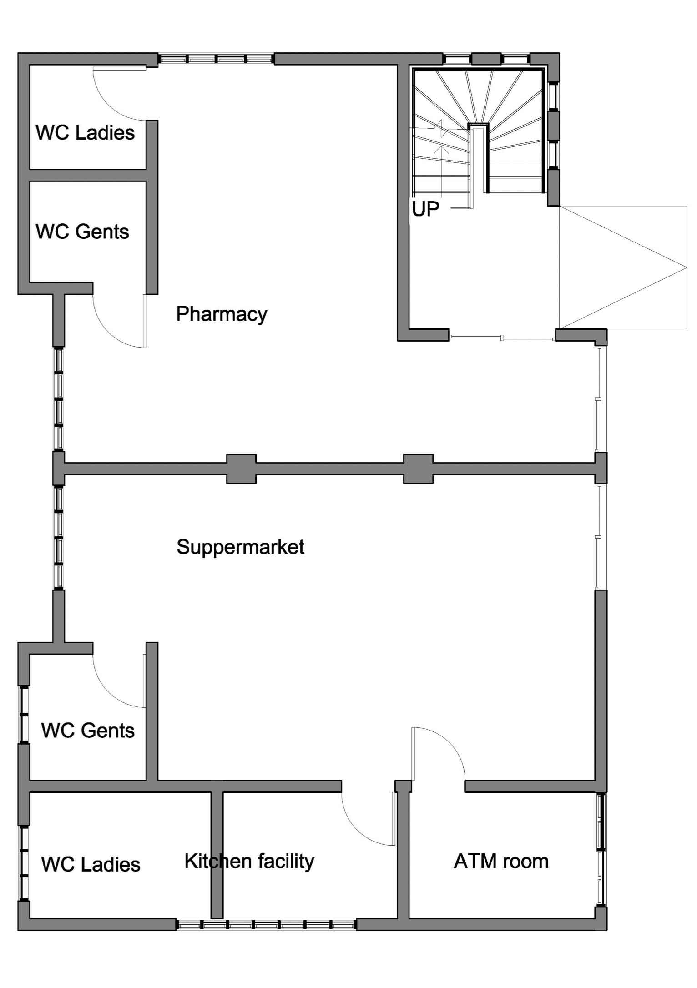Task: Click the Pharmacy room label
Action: (x=222, y=314)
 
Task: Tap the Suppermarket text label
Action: (x=240, y=547)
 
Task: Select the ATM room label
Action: (x=501, y=862)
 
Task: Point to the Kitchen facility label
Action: (x=249, y=862)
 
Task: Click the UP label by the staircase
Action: (x=425, y=209)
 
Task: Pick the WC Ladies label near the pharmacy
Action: (x=85, y=133)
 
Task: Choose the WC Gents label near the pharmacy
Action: (x=82, y=232)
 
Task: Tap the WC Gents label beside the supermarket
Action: (x=88, y=731)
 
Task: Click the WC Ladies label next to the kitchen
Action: (x=91, y=864)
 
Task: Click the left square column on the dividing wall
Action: (x=242, y=469)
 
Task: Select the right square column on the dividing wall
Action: (x=419, y=469)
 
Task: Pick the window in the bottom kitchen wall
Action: (x=267, y=925)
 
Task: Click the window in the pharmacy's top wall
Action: (x=216, y=59)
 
